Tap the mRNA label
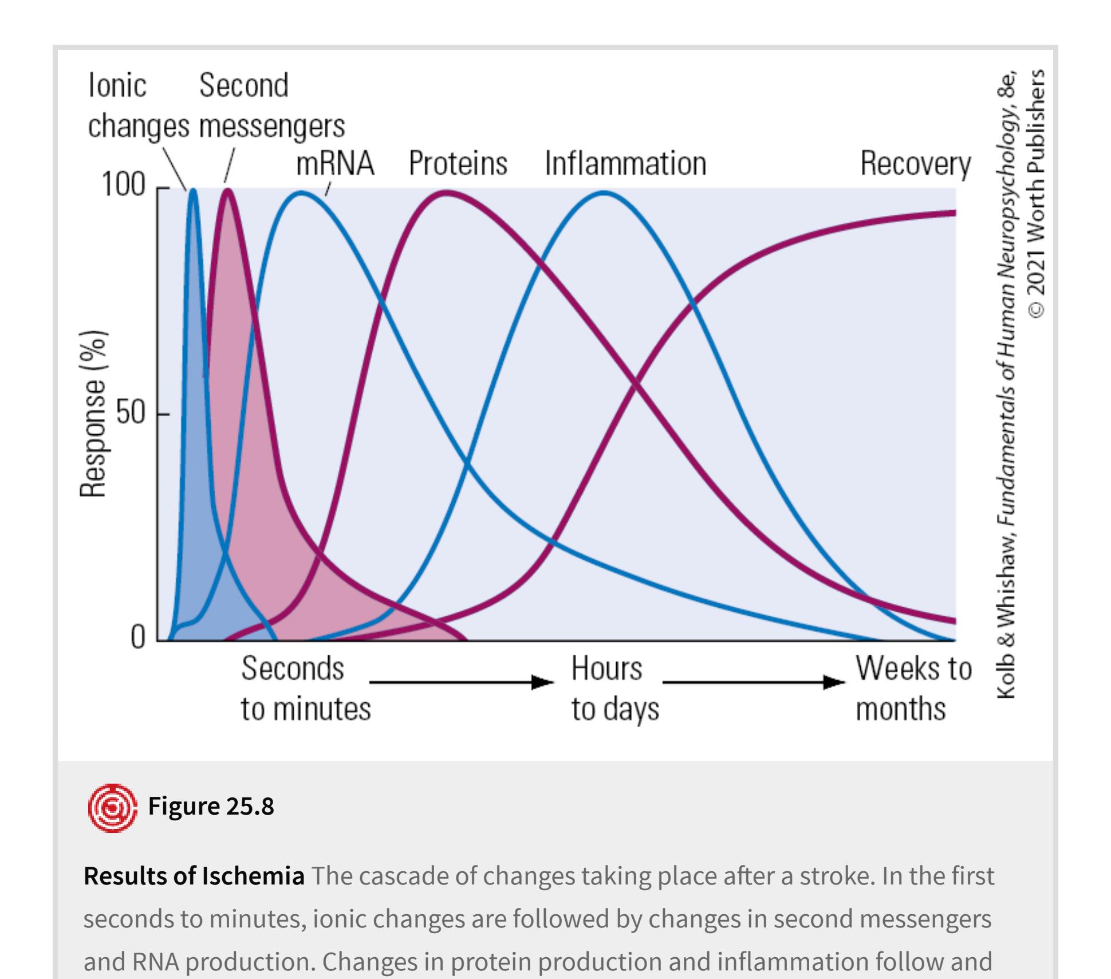pyautogui.click(x=335, y=164)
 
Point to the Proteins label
pyautogui.click(x=458, y=164)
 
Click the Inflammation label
pyautogui.click(x=625, y=164)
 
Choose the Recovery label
pyautogui.click(x=915, y=164)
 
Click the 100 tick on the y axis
pyautogui.click(x=123, y=184)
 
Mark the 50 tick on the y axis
pyautogui.click(x=131, y=414)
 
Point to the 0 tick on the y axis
pyautogui.click(x=137, y=637)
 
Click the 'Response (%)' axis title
pyautogui.click(x=93, y=414)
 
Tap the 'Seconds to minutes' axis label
pyautogui.click(x=305, y=689)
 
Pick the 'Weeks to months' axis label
pyautogui.click(x=913, y=689)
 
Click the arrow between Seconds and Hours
pyautogui.click(x=462, y=682)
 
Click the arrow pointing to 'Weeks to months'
pyautogui.click(x=754, y=682)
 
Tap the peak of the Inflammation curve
pyautogui.click(x=605, y=193)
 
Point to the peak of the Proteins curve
pyautogui.click(x=446, y=193)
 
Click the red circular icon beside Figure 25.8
pyautogui.click(x=112, y=808)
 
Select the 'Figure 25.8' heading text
pyautogui.click(x=211, y=806)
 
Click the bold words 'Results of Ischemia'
pyautogui.click(x=194, y=876)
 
